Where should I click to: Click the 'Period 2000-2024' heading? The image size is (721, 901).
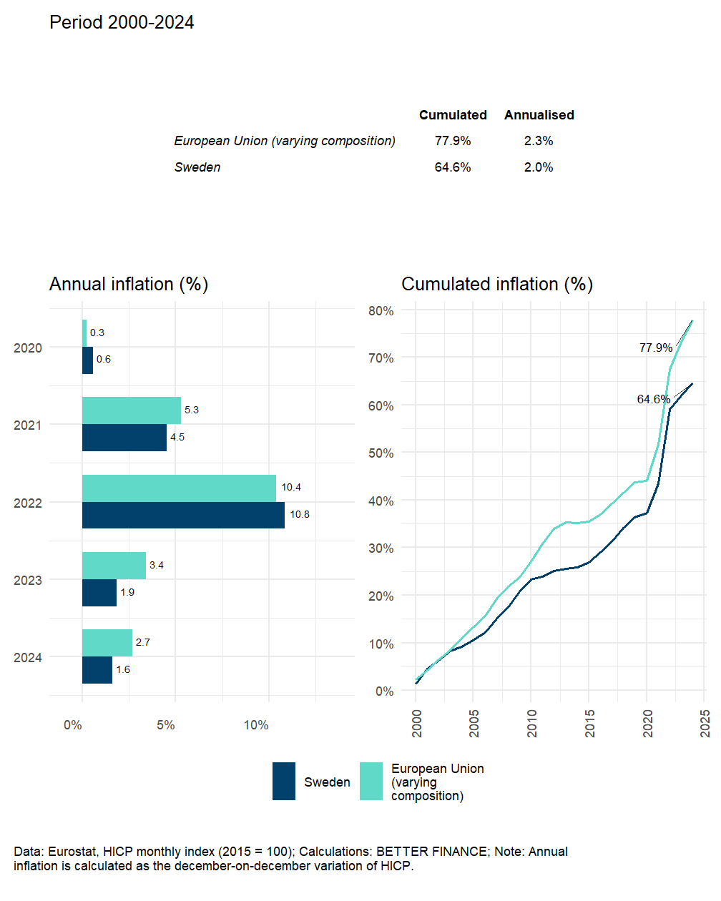(122, 23)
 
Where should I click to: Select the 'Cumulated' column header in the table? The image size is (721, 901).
(453, 115)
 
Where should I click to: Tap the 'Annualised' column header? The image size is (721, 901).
(539, 115)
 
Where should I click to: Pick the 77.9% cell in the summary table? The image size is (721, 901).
(453, 141)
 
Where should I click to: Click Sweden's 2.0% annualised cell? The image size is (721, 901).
(539, 167)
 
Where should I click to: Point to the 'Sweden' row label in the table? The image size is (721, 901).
(197, 167)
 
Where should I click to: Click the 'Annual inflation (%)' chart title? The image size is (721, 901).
(129, 285)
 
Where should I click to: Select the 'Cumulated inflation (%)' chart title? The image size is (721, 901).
(497, 285)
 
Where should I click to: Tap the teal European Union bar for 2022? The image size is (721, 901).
(179, 488)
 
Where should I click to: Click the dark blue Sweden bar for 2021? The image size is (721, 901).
(124, 438)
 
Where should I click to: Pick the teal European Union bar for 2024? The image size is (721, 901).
(107, 643)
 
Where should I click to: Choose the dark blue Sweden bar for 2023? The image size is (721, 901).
(99, 593)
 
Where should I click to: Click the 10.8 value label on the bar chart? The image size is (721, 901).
(300, 515)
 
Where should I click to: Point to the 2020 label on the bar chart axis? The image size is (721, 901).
(28, 348)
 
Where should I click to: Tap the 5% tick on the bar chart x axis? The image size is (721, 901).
(166, 725)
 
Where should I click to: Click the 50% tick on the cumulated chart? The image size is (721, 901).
(381, 453)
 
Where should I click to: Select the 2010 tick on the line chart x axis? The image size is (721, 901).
(532, 724)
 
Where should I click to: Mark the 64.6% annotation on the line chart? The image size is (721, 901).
(653, 399)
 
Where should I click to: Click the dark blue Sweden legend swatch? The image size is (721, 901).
(284, 781)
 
